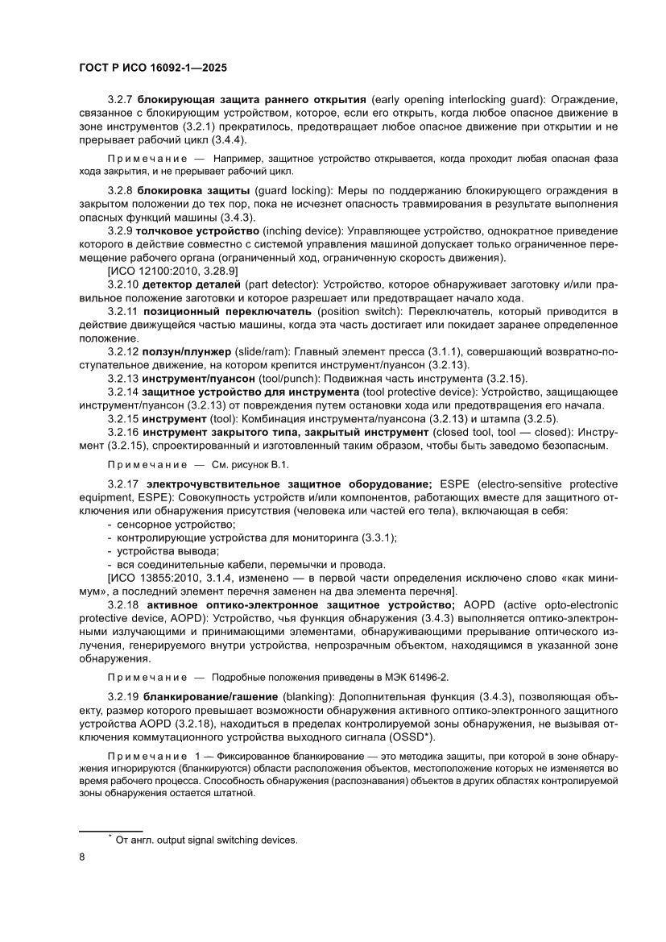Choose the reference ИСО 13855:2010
[155, 578]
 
